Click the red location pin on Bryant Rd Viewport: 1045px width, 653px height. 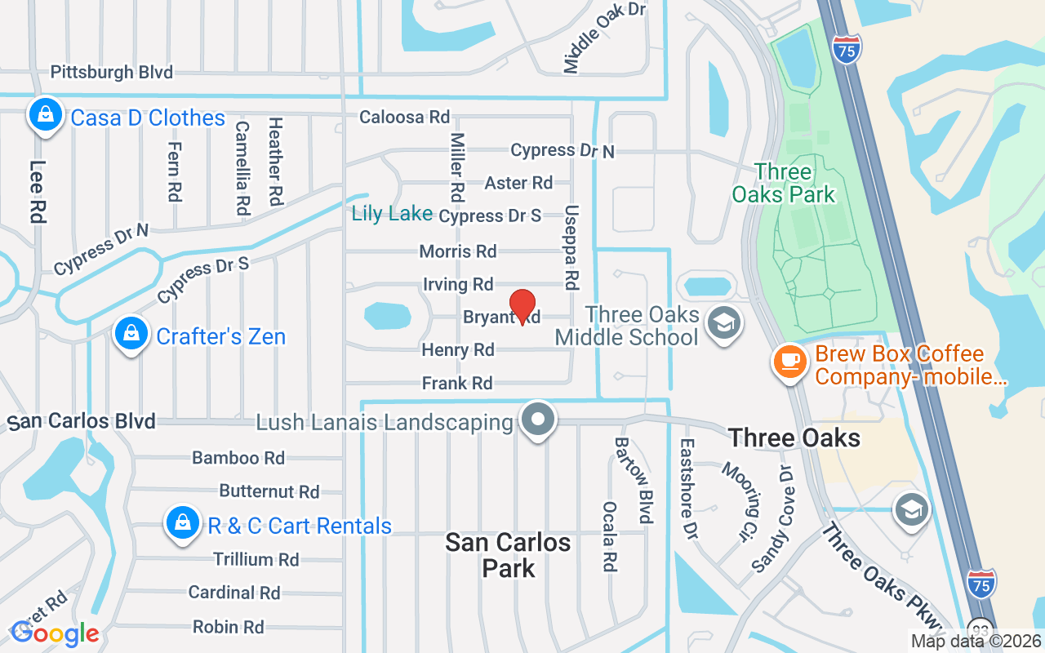pos(522,306)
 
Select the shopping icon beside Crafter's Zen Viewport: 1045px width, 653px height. pos(131,333)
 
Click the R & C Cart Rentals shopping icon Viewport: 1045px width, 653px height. pos(183,523)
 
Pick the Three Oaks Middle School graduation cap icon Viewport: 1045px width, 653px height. pos(723,323)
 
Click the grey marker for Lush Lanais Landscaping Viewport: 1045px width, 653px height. pos(537,421)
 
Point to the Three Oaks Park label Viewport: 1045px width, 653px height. pos(783,183)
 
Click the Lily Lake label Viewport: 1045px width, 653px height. pos(392,214)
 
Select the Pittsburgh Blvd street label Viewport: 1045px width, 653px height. pos(112,72)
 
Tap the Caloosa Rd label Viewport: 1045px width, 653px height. pos(405,118)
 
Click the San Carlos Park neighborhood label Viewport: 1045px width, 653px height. pos(508,555)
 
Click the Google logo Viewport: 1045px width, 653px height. pos(55,633)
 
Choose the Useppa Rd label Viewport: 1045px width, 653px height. pos(571,247)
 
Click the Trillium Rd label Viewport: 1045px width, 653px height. pos(256,559)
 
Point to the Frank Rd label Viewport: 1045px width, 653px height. pos(457,383)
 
